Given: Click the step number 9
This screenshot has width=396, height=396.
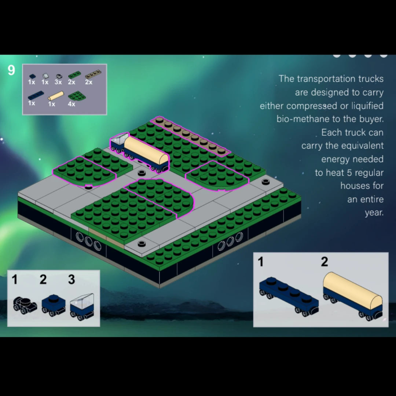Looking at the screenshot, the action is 11,70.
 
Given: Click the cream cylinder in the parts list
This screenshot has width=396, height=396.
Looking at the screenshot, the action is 56,96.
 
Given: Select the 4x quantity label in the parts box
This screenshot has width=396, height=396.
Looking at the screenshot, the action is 71,104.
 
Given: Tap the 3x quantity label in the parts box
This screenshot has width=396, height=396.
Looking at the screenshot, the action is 58,82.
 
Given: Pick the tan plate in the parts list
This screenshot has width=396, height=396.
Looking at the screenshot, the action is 93,74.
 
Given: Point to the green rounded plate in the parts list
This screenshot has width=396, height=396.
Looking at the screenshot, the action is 77,96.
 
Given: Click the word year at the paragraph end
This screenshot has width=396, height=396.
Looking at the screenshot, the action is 374,213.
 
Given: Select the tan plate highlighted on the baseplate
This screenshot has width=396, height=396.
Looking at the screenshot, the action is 190,136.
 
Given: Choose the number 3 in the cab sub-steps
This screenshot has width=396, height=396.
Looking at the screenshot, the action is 71,279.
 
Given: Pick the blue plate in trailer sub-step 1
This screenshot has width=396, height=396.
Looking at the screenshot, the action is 289,296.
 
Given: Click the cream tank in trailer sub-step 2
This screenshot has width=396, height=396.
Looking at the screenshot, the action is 353,290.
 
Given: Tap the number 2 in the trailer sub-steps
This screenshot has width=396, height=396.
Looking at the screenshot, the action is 324,262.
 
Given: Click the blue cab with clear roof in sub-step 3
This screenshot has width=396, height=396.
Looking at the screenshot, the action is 82,307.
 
